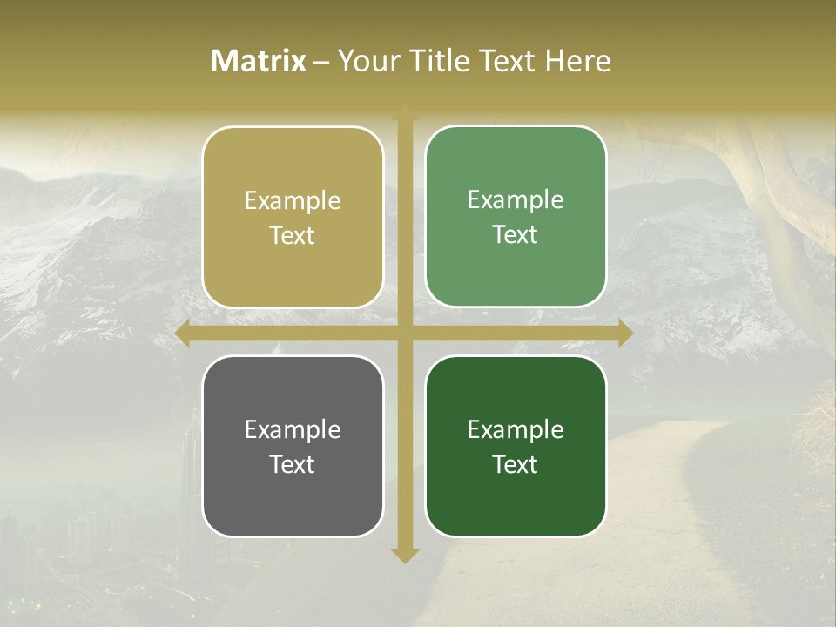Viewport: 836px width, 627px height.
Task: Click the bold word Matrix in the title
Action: (259, 61)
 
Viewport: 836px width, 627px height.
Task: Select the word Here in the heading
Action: (577, 61)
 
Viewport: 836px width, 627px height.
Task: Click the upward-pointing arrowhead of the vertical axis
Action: (404, 113)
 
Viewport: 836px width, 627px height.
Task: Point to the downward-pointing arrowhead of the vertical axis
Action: (404, 555)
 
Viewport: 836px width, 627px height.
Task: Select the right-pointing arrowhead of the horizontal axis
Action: (624, 334)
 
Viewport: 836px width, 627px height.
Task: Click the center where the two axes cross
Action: (404, 334)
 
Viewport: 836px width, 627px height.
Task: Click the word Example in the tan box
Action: (293, 201)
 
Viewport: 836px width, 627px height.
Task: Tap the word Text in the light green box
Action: (516, 234)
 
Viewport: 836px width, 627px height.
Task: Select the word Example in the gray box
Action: (293, 430)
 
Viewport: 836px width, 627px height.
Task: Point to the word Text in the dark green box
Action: (516, 464)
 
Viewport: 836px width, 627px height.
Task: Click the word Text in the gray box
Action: (293, 464)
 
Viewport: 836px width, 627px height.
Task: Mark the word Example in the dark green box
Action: (516, 430)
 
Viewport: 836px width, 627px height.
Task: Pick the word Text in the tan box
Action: (293, 235)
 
